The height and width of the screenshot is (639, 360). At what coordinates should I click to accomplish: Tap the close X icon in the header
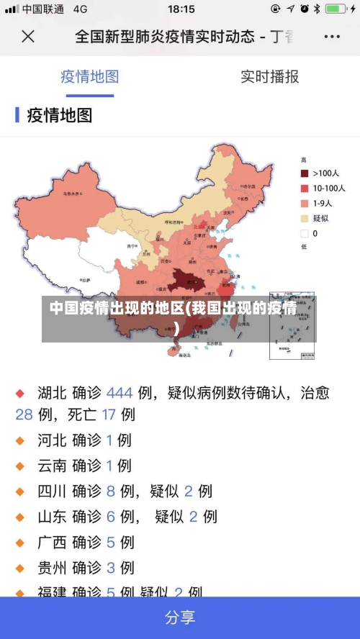[28, 36]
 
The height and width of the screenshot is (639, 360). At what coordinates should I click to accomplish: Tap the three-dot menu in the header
[332, 36]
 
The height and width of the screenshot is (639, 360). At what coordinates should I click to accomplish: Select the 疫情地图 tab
[89, 76]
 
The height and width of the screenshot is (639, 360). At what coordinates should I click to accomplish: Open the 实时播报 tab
[269, 76]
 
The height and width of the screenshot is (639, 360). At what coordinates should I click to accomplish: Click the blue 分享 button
[180, 617]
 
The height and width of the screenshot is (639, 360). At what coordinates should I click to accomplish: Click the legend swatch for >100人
[305, 173]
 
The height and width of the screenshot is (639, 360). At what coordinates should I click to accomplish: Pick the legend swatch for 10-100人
[305, 189]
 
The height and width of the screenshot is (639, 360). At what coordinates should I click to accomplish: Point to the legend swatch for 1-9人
[305, 204]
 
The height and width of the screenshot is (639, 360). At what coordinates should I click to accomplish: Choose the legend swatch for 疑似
[305, 219]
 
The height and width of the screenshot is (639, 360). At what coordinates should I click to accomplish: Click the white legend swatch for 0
[305, 234]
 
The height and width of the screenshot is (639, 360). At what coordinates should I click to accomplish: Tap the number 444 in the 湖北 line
[120, 393]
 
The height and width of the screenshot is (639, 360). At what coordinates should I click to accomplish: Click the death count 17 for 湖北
[109, 414]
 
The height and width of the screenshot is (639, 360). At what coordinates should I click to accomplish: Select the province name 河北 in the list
[52, 440]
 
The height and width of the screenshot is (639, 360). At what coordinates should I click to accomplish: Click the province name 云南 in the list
[52, 466]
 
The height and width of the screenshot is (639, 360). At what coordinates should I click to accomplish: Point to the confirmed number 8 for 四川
[111, 491]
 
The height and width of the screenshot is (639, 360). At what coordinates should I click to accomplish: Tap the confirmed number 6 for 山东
[111, 517]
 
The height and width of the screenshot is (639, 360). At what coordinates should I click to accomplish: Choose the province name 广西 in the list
[52, 542]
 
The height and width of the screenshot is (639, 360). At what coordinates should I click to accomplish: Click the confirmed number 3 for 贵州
[111, 568]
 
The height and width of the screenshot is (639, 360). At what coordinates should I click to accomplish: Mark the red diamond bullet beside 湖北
[20, 394]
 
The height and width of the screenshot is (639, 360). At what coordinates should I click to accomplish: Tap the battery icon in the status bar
[336, 9]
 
